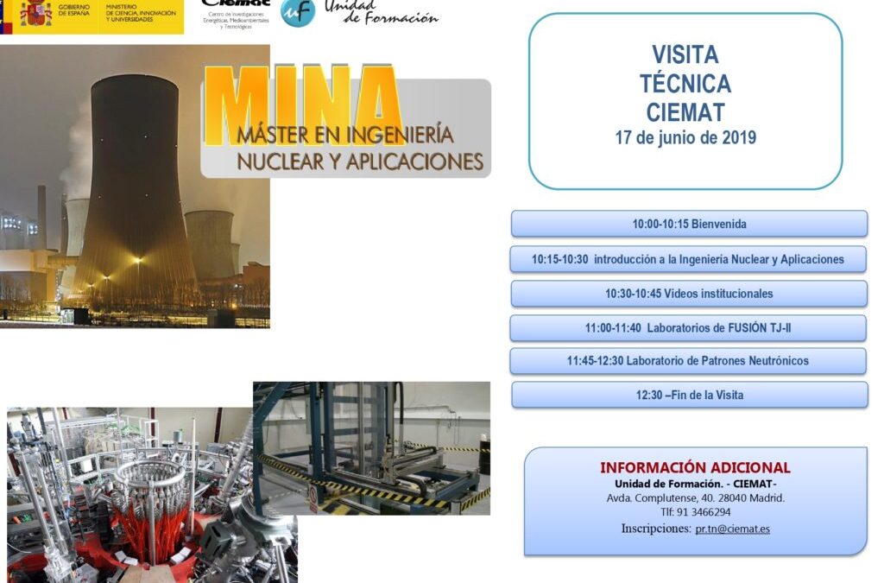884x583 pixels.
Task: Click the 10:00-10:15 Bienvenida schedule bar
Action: pos(689,224)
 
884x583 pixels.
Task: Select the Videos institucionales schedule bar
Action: pos(689,294)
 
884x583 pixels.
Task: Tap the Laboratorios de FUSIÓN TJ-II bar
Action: pos(688,328)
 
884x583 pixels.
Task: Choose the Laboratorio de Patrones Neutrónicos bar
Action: pos(688,361)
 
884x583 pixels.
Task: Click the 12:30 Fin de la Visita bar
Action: pos(690,395)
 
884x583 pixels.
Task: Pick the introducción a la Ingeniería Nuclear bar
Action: pos(688,259)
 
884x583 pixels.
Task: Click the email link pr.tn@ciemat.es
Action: pos(732,529)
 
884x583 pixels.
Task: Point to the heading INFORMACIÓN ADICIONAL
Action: pos(695,468)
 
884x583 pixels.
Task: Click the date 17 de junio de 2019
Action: pos(685,137)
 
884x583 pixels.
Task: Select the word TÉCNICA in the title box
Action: pos(685,84)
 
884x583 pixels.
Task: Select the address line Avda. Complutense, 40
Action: pos(695,498)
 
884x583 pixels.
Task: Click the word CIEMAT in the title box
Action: pos(685,112)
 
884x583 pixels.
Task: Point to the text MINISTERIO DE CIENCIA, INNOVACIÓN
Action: pos(143,10)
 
